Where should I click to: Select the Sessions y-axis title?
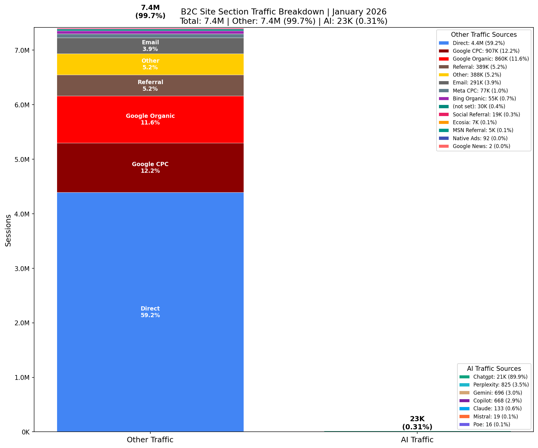pos(8,230)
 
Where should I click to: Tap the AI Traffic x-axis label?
pos(417,440)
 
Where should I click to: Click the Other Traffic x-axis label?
pos(150,440)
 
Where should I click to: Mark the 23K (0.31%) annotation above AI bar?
pos(417,423)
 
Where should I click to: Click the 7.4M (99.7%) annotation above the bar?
pos(150,12)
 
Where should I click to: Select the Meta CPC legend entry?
pos(480,91)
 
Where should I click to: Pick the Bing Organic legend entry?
pos(484,99)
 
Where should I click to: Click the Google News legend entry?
pos(481,146)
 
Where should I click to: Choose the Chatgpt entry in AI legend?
pos(500,377)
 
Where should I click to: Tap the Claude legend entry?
pos(497,409)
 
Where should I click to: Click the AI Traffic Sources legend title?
pos(494,369)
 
